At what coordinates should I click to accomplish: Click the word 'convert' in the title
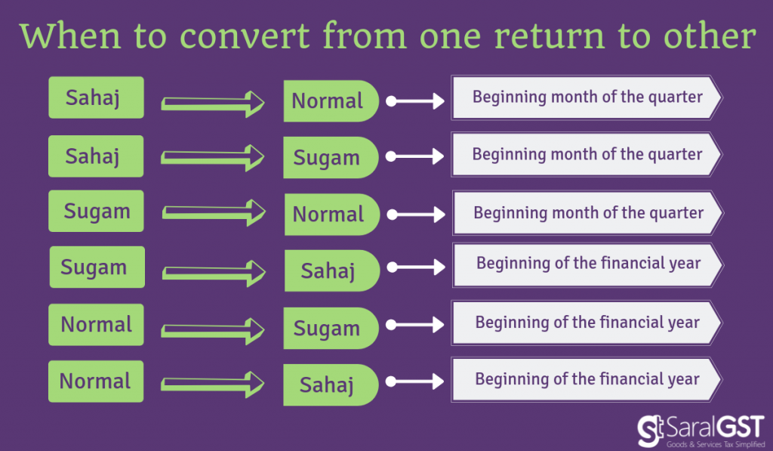pos(245,36)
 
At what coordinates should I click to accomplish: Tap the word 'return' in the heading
pos(549,36)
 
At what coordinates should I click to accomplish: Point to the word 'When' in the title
pos(70,36)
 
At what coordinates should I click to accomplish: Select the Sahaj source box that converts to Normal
pos(96,97)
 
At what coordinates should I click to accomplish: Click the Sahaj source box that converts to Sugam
pos(96,156)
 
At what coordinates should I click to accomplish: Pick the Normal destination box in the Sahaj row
pos(331,100)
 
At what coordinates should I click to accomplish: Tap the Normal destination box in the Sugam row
pos(332,214)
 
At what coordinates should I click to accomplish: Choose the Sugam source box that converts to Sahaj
pos(97,267)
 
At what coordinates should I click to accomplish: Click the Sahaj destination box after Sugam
pos(332,270)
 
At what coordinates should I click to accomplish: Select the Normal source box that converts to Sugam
pos(96,324)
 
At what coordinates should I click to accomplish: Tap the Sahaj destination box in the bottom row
pos(331,385)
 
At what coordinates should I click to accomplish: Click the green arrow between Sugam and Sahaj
pos(214,273)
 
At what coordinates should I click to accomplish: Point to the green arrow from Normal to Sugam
pos(213,331)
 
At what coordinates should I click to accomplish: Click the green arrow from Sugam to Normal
pos(214,213)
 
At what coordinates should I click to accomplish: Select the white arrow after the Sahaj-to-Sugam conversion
pos(415,156)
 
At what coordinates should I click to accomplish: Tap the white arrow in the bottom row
pos(415,381)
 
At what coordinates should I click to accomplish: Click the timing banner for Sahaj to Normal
pos(587,97)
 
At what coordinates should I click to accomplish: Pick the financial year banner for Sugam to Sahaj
pos(587,265)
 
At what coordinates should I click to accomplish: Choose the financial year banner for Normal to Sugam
pos(587,323)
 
